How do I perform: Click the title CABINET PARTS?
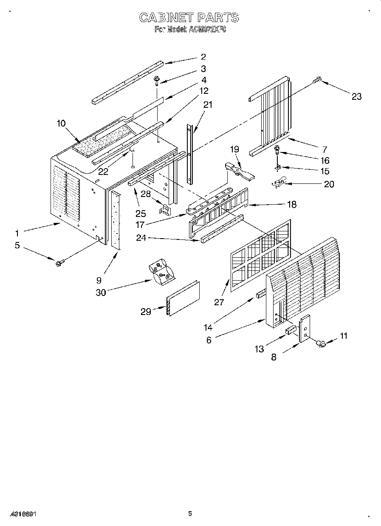(189, 17)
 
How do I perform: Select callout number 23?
(356, 96)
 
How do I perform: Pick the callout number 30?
(101, 292)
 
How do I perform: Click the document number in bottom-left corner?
(21, 514)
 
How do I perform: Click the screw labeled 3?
(157, 79)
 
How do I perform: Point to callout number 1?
(17, 233)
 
